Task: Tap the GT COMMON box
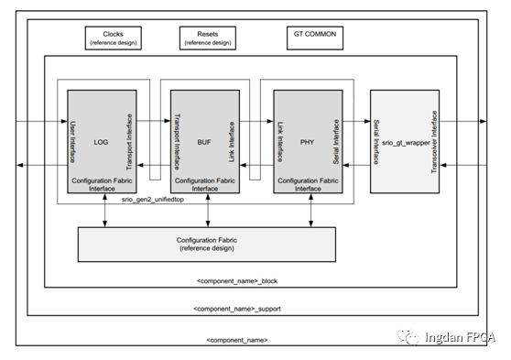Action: tap(314, 38)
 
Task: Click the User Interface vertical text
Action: tap(73, 141)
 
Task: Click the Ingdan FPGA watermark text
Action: tap(459, 337)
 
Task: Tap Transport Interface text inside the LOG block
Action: tap(131, 141)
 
